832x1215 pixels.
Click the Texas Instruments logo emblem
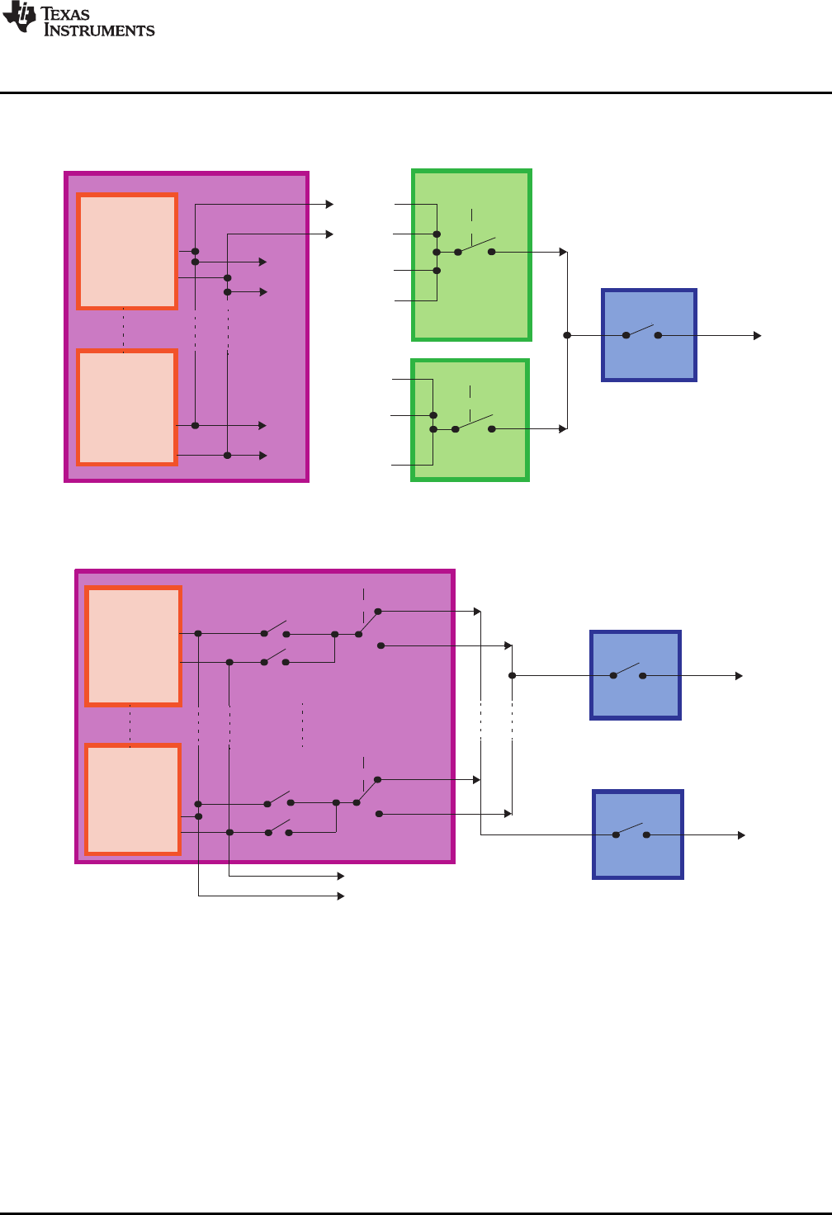pyautogui.click(x=20, y=18)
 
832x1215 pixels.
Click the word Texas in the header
pyautogui.click(x=65, y=13)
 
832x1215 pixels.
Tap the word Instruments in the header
pyautogui.click(x=99, y=31)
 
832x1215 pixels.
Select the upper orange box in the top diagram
pyautogui.click(x=127, y=252)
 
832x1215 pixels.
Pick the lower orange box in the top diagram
pyautogui.click(x=127, y=407)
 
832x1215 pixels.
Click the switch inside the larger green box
pyautogui.click(x=475, y=247)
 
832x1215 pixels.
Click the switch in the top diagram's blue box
pyautogui.click(x=642, y=333)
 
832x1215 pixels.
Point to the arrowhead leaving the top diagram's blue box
pyautogui.click(x=757, y=336)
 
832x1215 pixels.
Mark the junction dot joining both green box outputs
pyautogui.click(x=567, y=335)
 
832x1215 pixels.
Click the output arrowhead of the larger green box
pyautogui.click(x=563, y=252)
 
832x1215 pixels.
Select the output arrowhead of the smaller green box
pyautogui.click(x=563, y=428)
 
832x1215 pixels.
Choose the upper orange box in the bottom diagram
pyautogui.click(x=133, y=646)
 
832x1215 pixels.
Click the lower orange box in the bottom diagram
pyautogui.click(x=133, y=799)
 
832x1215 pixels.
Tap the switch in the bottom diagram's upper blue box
pyautogui.click(x=628, y=672)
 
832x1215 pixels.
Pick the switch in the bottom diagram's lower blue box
pyautogui.click(x=631, y=831)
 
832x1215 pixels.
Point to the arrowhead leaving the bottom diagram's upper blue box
pyautogui.click(x=739, y=676)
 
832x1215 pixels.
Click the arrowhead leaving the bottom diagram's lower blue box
pyautogui.click(x=741, y=835)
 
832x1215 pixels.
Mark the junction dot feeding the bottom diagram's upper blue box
pyautogui.click(x=512, y=675)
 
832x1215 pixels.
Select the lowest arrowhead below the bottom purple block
pyautogui.click(x=340, y=896)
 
